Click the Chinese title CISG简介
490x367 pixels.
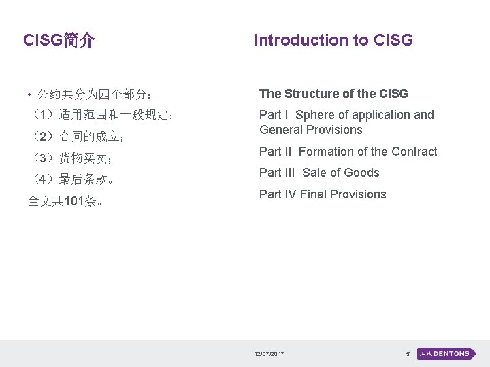tap(59, 41)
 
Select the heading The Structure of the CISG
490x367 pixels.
tap(333, 94)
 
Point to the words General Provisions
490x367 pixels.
tap(310, 130)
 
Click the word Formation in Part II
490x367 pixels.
tap(326, 152)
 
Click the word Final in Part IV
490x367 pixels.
tap(314, 194)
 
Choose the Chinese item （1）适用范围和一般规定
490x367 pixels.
tap(102, 115)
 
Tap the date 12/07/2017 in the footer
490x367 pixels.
tap(269, 354)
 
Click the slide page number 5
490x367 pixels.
tap(407, 354)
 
